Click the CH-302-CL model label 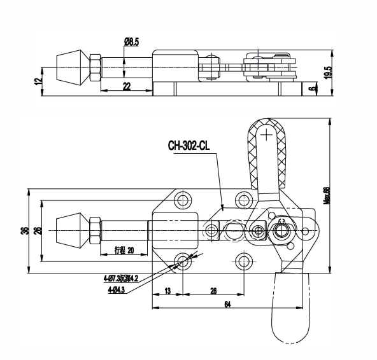[x=188, y=146]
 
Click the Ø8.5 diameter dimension [x=132, y=41]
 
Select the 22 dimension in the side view [x=127, y=87]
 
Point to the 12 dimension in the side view [x=38, y=81]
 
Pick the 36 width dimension [x=24, y=231]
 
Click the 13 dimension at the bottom [x=167, y=291]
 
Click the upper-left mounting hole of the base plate [x=183, y=200]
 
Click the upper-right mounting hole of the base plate [x=244, y=200]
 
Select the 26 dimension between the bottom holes [x=212, y=291]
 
